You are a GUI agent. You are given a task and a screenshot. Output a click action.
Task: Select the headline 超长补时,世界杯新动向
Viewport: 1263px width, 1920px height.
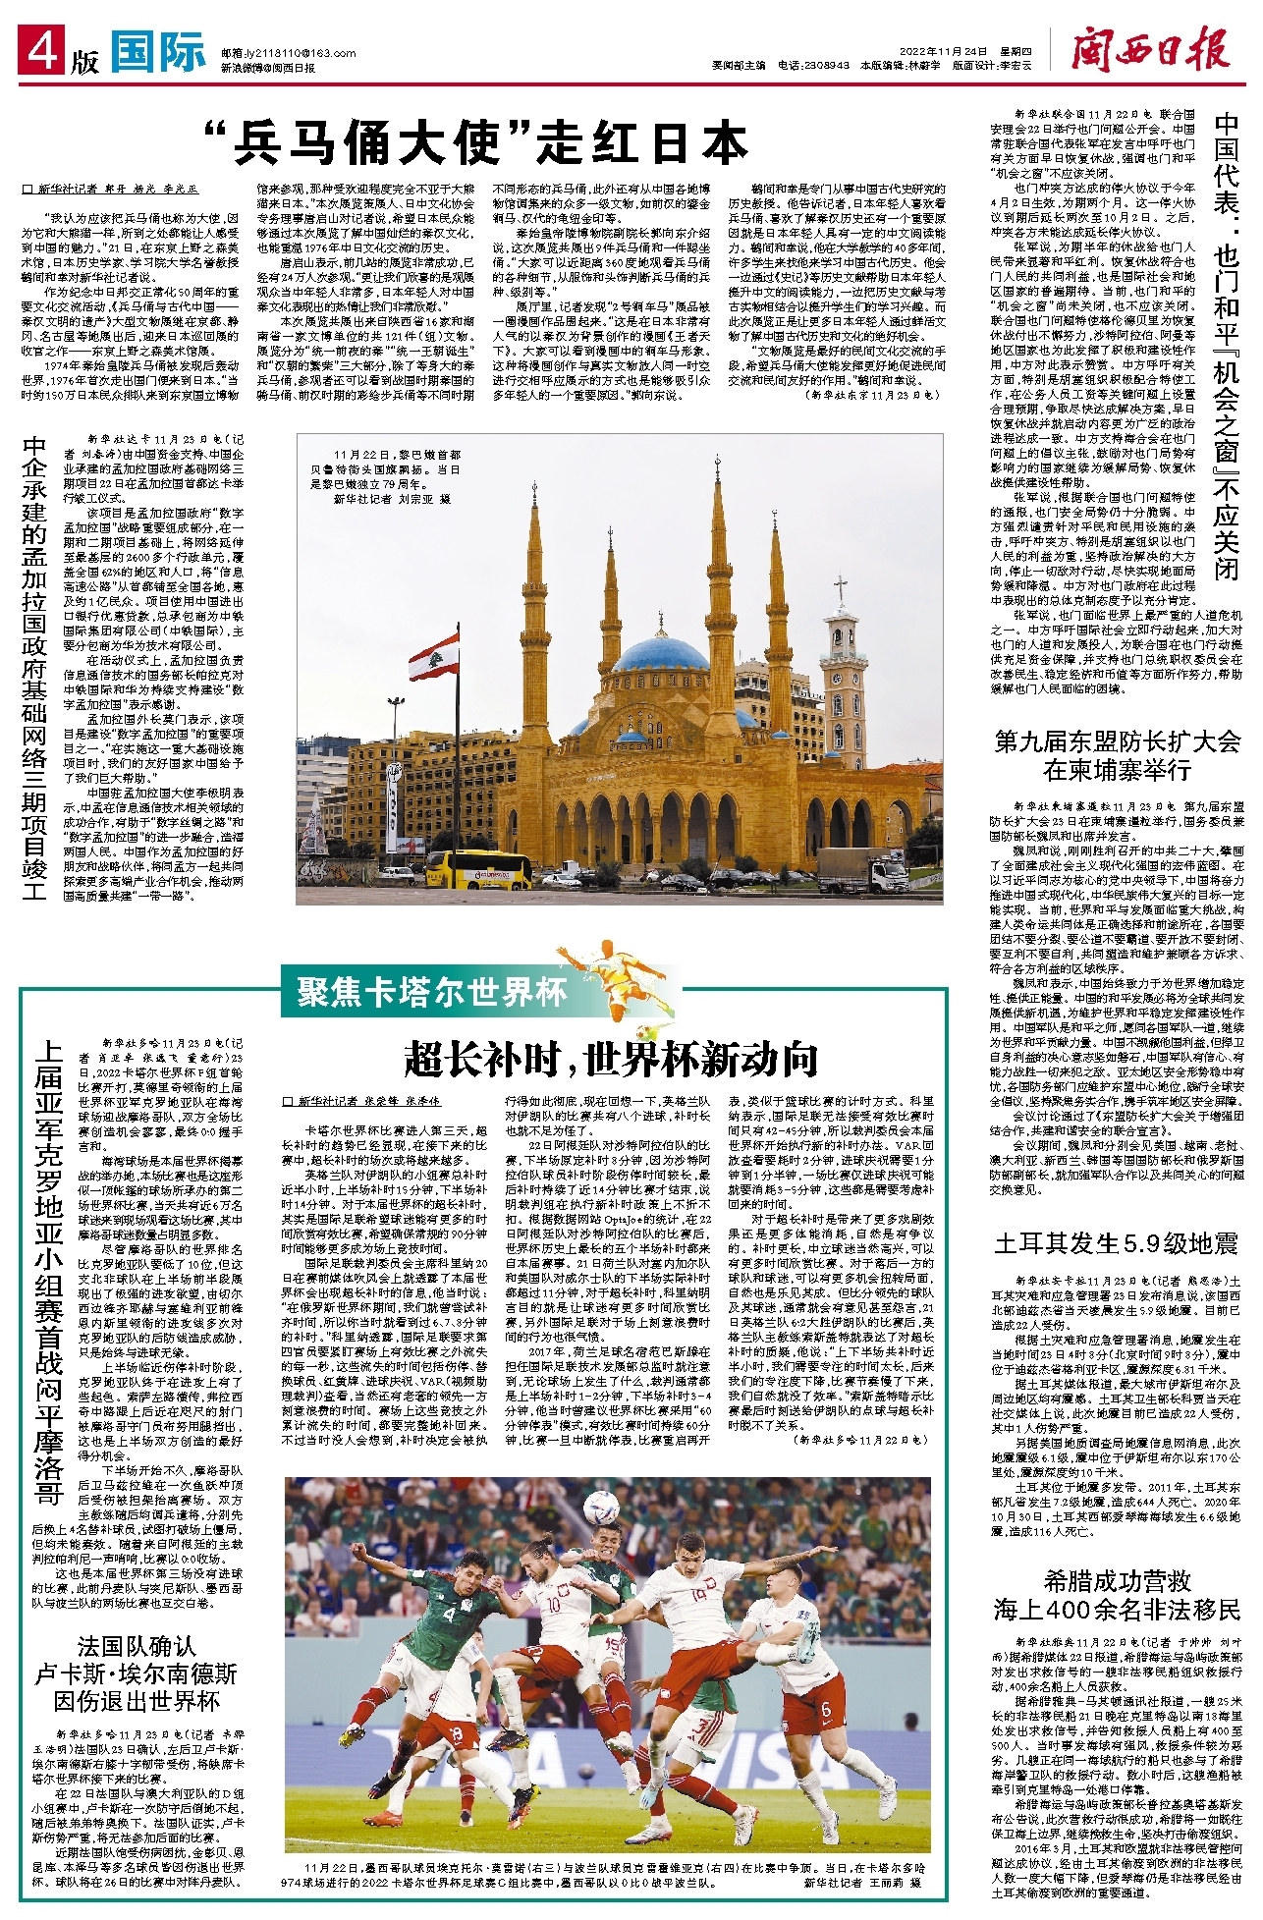coord(611,1059)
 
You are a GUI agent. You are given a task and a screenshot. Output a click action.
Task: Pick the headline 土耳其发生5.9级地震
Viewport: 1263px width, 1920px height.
coord(1117,1243)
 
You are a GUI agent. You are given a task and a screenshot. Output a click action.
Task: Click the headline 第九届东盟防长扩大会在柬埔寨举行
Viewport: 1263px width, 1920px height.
coord(1117,755)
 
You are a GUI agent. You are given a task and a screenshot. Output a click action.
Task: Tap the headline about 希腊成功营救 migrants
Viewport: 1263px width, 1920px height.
coord(1117,1595)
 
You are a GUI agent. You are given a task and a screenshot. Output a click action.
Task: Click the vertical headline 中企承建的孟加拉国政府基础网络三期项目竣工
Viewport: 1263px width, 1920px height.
coord(35,668)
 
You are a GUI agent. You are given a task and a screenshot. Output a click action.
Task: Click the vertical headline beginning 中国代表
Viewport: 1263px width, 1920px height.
coord(1227,344)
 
